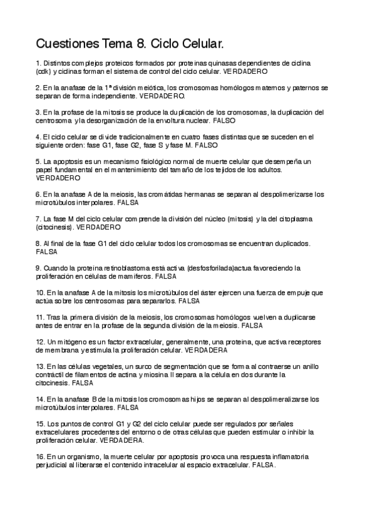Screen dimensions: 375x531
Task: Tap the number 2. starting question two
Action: point(39,88)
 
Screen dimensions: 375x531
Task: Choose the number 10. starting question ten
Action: point(41,292)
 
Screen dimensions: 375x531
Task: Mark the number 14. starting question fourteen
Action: point(41,398)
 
